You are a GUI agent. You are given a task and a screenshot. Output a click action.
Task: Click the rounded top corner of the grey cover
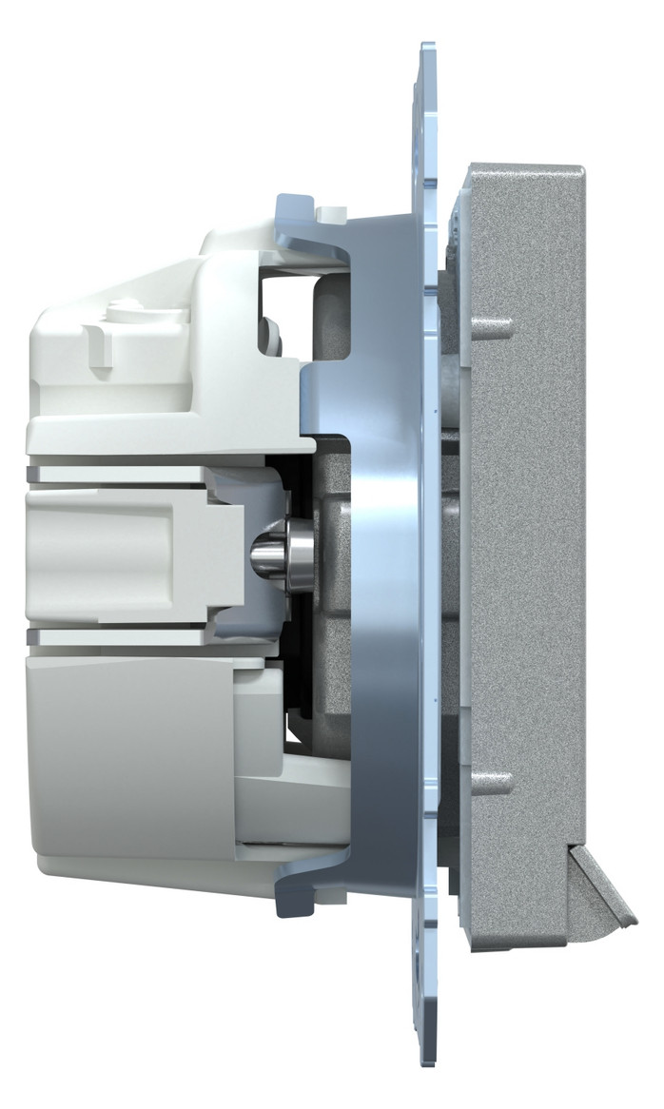pyautogui.click(x=571, y=177)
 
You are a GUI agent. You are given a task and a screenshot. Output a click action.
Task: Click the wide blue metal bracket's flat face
pyautogui.click(x=381, y=552)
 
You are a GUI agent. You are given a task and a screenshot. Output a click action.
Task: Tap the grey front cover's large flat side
pyautogui.click(x=528, y=552)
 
